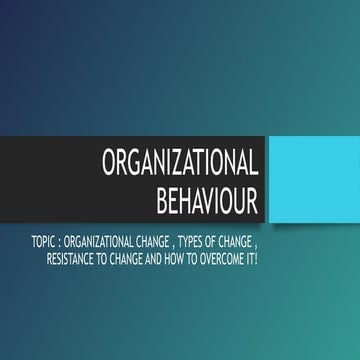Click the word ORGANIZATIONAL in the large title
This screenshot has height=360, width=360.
(181, 164)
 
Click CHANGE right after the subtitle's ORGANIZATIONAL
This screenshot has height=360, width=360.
(164, 241)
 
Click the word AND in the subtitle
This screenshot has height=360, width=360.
(169, 258)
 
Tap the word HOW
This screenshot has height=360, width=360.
(191, 258)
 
